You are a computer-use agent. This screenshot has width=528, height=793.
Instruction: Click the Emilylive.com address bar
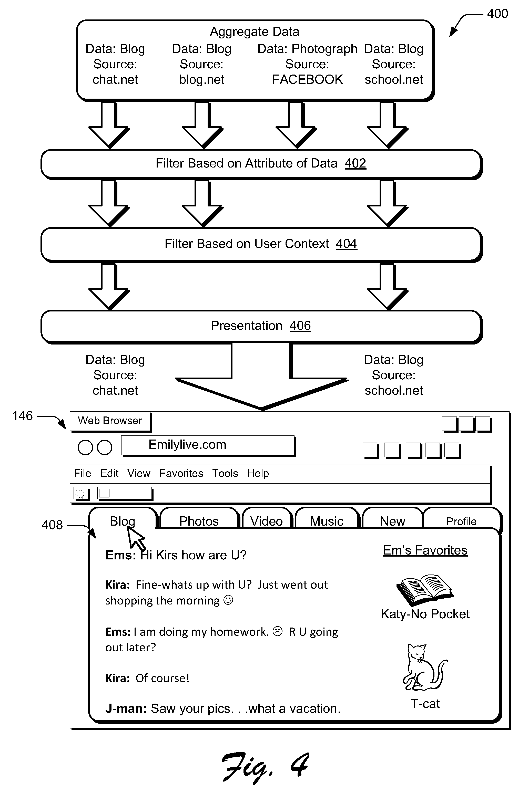(x=208, y=445)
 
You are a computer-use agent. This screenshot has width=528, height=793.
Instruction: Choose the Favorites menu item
(x=181, y=473)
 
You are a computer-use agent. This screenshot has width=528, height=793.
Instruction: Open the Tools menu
(x=225, y=473)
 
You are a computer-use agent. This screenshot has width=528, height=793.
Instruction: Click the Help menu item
(x=258, y=473)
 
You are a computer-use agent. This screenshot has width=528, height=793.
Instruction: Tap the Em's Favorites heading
(x=425, y=550)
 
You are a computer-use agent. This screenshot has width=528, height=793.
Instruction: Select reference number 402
(x=355, y=163)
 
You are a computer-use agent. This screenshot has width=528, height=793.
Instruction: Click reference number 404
(x=346, y=244)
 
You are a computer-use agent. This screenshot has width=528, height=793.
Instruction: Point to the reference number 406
(x=300, y=326)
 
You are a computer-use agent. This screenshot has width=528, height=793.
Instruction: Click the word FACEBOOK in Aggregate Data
(x=307, y=80)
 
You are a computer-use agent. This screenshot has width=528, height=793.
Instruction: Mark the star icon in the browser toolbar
(x=80, y=494)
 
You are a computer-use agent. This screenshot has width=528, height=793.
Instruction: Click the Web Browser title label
(x=110, y=421)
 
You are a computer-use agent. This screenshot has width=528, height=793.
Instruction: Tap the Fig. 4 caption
(x=265, y=767)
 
